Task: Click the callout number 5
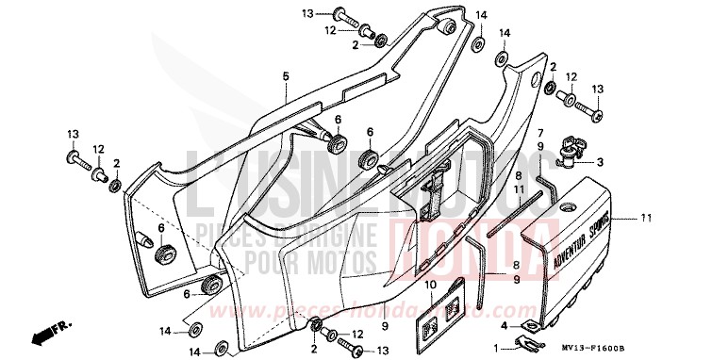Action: point(285,74)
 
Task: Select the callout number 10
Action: point(429,284)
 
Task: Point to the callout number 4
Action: point(505,326)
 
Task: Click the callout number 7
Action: point(540,134)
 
